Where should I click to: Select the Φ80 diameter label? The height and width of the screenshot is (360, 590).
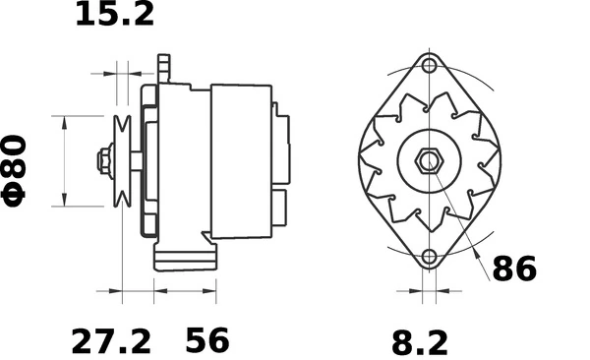(21, 169)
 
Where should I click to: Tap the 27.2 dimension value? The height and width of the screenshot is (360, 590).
(111, 341)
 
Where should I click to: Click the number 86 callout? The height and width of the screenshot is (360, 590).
(514, 269)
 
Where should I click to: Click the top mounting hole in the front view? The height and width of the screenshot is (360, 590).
(428, 67)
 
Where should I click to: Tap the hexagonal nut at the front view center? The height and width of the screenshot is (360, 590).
(428, 161)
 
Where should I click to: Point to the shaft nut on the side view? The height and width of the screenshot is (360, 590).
(103, 160)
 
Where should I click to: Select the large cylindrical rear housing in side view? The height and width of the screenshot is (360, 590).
(241, 159)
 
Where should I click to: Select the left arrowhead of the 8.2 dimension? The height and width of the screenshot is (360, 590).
(417, 292)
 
